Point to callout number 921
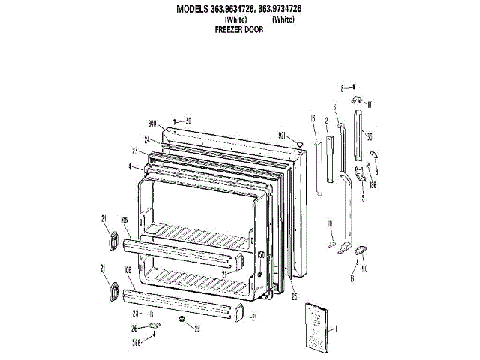(283, 135)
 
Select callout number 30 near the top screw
(188, 121)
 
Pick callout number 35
(370, 136)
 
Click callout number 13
(313, 118)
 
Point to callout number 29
(197, 328)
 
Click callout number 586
(136, 343)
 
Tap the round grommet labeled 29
(181, 320)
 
